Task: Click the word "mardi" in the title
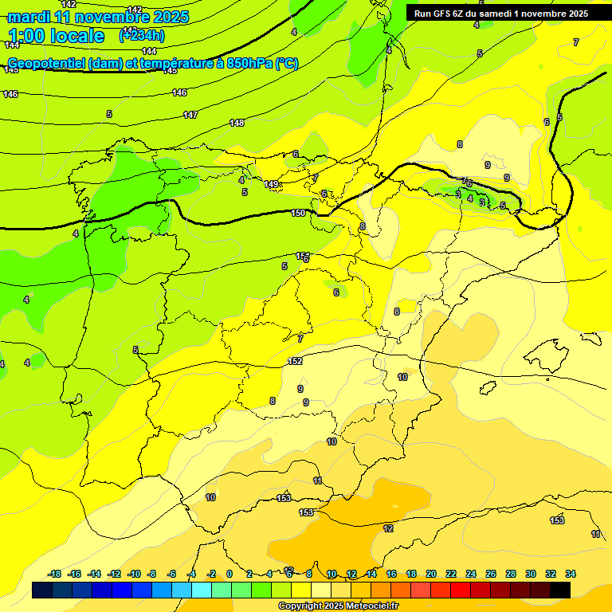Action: click(29, 17)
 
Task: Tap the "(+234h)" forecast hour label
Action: click(141, 35)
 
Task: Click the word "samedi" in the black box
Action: click(489, 14)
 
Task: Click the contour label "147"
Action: click(190, 116)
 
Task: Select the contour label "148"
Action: click(237, 123)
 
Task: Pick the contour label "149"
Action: click(272, 184)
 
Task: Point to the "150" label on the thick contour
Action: click(298, 213)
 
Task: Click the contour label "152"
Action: click(295, 361)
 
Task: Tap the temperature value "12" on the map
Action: click(388, 528)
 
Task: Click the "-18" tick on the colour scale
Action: click(54, 574)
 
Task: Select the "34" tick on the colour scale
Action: click(571, 574)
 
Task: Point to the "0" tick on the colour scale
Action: click(229, 574)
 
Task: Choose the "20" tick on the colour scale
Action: click(431, 574)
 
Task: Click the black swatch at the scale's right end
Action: click(560, 590)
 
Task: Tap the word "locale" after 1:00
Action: click(76, 36)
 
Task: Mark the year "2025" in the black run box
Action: click(574, 14)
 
